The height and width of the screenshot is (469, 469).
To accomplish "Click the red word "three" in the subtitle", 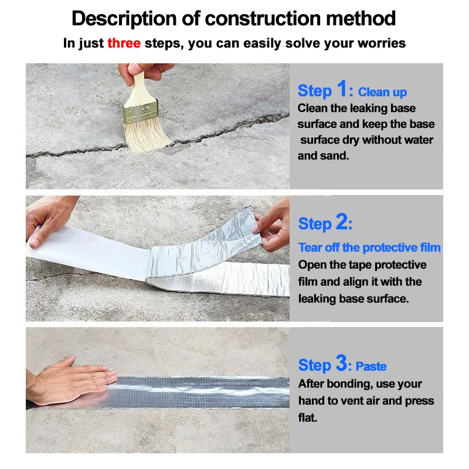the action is point(124,43).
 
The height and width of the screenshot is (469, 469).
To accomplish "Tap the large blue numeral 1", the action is point(342,89).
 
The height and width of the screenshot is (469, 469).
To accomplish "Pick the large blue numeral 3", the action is point(341,363).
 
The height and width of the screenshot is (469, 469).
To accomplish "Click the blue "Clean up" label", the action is point(382,93).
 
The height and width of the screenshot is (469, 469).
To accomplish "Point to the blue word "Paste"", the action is point(371,366).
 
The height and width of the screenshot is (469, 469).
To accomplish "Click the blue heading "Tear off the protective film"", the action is point(369,247).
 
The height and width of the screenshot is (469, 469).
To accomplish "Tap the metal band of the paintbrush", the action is point(140,111).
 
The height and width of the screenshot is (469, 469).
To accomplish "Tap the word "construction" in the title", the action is point(263,19).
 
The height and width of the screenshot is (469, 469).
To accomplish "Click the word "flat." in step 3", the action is point(307,417).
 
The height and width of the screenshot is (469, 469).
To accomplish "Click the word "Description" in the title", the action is point(124,19).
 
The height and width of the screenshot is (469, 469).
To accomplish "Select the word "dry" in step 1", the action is point(351,140).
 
